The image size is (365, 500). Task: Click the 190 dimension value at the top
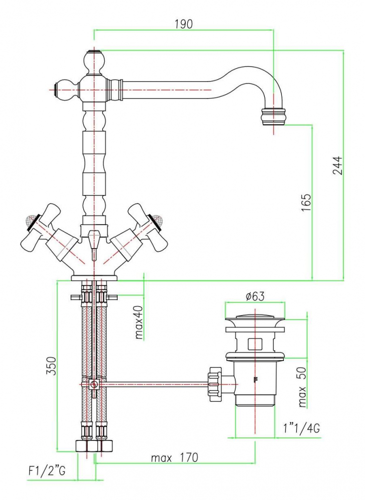[x=184, y=23]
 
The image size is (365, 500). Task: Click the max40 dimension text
[x=139, y=322]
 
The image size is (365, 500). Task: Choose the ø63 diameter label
[x=255, y=296]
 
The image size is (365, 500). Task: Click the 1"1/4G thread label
[x=301, y=428]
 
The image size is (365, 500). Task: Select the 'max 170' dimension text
[x=175, y=457]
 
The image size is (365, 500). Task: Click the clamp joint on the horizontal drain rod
[x=93, y=384]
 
